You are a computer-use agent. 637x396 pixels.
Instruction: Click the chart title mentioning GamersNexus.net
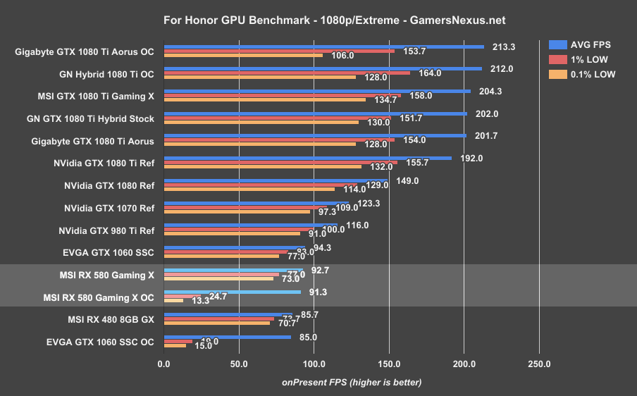[x=318, y=20]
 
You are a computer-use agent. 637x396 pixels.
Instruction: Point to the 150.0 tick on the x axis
[x=389, y=364]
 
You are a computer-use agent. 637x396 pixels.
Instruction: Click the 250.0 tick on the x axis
[x=539, y=364]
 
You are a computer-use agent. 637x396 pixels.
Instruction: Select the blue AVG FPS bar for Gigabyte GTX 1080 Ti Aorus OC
[x=324, y=47]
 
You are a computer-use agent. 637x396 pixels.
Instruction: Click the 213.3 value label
[x=504, y=47]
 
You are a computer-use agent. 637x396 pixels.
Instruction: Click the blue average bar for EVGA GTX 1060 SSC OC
[x=228, y=337]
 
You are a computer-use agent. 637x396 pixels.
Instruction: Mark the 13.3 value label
[x=199, y=302]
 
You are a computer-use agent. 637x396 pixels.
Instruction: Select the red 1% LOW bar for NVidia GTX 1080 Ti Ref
[x=280, y=163]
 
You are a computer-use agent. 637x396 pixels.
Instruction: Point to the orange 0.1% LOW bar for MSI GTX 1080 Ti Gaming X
[x=265, y=99]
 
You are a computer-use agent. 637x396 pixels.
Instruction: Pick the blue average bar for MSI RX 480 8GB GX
[x=228, y=314]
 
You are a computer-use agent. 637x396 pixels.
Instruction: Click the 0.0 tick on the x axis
[x=164, y=364]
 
